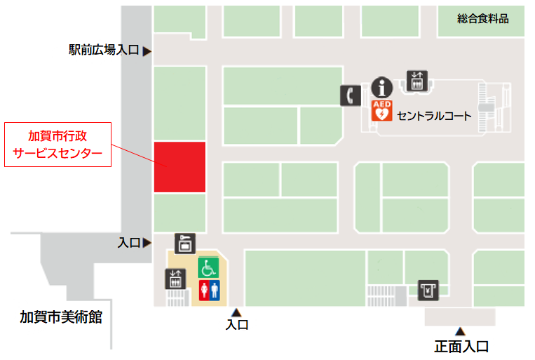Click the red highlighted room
pyautogui.click(x=180, y=166)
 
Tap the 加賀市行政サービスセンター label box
pyautogui.click(x=58, y=144)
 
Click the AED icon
pyautogui.click(x=381, y=111)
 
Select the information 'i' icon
pyautogui.click(x=381, y=88)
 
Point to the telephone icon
pyautogui.click(x=350, y=95)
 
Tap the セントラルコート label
pyautogui.click(x=434, y=116)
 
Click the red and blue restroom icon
pyautogui.click(x=209, y=290)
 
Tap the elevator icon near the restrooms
pyautogui.click(x=175, y=279)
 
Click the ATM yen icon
pyautogui.click(x=428, y=289)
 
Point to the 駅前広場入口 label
pyautogui.click(x=104, y=50)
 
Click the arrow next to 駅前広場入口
pyautogui.click(x=147, y=51)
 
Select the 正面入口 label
pyautogui.click(x=461, y=346)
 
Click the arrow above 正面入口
pyautogui.click(x=461, y=331)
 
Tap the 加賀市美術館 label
pyautogui.click(x=61, y=317)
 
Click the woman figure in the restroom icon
pyautogui.click(x=203, y=290)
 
